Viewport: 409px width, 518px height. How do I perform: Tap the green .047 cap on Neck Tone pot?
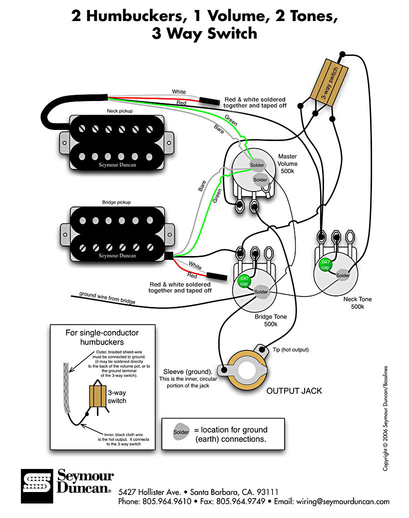pyautogui.click(x=325, y=264)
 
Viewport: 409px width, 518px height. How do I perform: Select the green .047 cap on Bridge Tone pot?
pyautogui.click(x=244, y=280)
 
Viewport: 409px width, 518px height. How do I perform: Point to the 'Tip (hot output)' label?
pyautogui.click(x=291, y=349)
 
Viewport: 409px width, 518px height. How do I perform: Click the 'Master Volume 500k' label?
pyautogui.click(x=288, y=163)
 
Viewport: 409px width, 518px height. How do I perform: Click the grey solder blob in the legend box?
pyautogui.click(x=181, y=431)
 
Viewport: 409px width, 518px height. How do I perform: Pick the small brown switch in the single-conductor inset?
pyautogui.click(x=98, y=395)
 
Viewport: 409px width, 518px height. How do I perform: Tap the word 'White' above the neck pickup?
pyautogui.click(x=178, y=92)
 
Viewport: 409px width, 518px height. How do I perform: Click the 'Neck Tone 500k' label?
pyautogui.click(x=358, y=302)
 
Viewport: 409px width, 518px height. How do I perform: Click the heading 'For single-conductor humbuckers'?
pyautogui.click(x=102, y=337)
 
